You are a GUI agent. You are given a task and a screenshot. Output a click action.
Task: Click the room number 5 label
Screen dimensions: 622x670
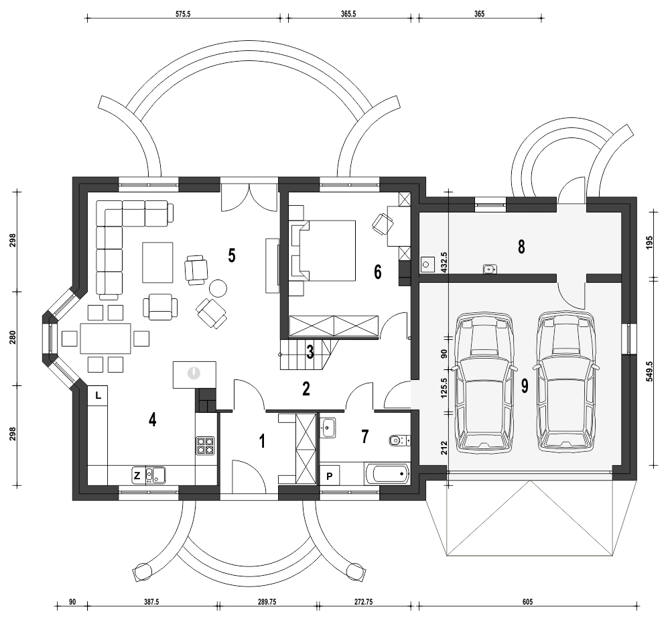point(231,255)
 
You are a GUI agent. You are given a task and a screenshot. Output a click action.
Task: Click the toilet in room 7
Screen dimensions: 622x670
point(398,440)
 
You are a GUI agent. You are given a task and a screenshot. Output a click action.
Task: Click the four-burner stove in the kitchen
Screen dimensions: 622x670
point(205,446)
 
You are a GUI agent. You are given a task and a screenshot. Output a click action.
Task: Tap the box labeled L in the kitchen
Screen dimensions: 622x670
point(98,395)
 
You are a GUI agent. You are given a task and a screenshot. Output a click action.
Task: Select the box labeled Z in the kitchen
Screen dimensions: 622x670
point(137,475)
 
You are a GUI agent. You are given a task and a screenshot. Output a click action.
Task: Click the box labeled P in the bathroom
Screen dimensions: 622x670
point(330,475)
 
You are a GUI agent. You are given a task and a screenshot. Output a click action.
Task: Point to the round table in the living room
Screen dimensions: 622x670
point(218,289)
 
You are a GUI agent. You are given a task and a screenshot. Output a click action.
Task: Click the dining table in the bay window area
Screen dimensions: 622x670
point(106,338)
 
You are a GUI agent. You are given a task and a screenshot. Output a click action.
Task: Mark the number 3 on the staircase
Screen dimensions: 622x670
point(310,352)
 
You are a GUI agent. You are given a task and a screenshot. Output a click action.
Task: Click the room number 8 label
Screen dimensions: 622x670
point(521,247)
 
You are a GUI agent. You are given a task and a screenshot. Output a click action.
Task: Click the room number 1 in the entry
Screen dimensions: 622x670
point(262,440)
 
